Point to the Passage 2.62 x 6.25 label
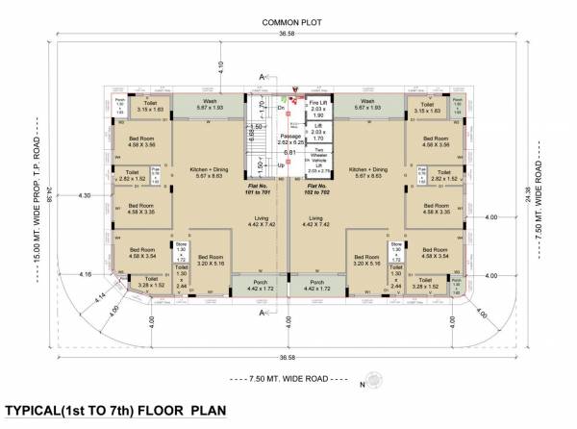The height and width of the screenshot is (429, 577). point(291,139)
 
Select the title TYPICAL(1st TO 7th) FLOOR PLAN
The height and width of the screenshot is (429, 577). point(115,411)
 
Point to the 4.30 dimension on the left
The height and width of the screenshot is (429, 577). point(84,195)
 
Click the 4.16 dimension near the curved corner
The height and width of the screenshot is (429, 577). point(88,275)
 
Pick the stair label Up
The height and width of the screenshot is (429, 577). point(280,165)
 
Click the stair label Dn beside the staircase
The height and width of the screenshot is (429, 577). point(280,109)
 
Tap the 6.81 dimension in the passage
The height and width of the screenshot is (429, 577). point(288,152)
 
